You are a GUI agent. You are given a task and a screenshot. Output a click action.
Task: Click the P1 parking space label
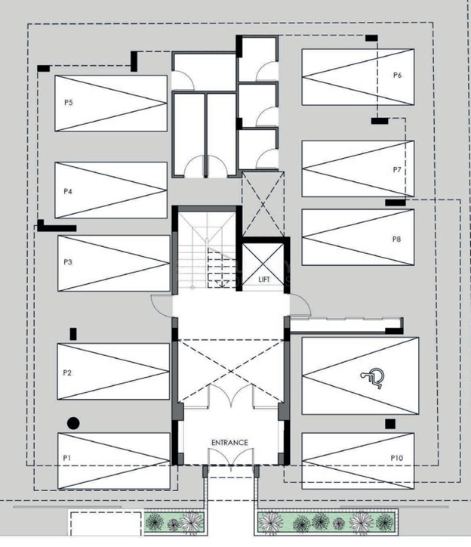coord(67,458)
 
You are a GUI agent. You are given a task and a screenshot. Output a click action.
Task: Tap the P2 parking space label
coord(67,373)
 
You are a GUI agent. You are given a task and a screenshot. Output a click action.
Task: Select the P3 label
coord(68,261)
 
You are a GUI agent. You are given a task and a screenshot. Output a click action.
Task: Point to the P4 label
coord(68,191)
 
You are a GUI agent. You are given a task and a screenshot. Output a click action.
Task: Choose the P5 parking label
coord(69,103)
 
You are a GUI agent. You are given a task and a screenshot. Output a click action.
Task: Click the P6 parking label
coord(398,75)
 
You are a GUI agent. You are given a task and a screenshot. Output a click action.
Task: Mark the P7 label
coord(397,170)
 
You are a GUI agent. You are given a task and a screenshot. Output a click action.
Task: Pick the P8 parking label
coord(397,239)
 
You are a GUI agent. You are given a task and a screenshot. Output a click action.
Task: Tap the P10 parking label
coord(397,458)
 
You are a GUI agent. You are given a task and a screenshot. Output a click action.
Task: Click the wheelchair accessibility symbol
coord(373,379)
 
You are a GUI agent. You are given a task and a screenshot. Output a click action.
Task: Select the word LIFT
coord(264,280)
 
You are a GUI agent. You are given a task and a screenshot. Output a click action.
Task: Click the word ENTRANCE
coord(229,442)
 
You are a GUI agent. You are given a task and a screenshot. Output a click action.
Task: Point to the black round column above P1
coord(73,423)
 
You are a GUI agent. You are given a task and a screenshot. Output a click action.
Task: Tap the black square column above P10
coord(390,424)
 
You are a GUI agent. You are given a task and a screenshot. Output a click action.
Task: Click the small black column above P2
coord(73,334)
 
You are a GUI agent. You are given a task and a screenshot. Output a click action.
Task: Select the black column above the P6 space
coord(371,38)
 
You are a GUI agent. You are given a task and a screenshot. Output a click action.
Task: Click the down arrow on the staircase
coord(220,283)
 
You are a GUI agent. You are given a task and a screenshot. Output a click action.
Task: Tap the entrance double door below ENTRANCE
coord(230,456)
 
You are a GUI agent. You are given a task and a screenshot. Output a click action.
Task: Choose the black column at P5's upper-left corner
coord(44,68)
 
